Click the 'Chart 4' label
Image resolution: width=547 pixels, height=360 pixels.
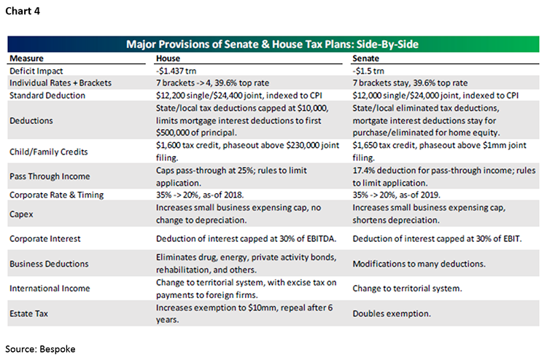(x=24, y=9)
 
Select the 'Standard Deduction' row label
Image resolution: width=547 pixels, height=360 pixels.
(x=46, y=95)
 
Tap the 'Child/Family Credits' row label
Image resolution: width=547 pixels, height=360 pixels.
(x=47, y=152)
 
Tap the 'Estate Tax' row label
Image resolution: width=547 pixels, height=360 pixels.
(x=30, y=313)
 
